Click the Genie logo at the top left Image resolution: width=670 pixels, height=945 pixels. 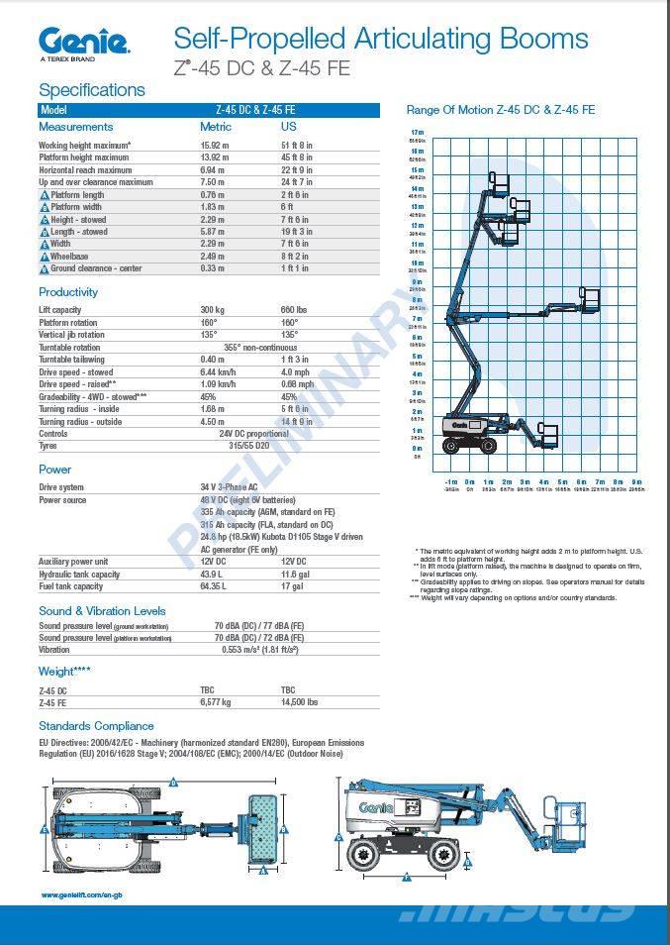pyautogui.click(x=83, y=42)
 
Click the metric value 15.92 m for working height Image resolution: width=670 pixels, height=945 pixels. pyautogui.click(x=214, y=145)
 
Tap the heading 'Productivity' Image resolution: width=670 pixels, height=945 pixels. pyautogui.click(x=68, y=292)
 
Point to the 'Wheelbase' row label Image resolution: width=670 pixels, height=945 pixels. pyautogui.click(x=69, y=257)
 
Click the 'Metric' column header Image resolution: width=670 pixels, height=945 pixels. pyautogui.click(x=216, y=127)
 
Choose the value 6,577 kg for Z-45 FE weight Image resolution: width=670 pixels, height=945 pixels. pyautogui.click(x=216, y=702)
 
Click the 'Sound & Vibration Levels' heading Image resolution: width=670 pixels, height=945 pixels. pyautogui.click(x=102, y=611)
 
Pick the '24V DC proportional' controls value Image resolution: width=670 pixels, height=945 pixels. pyautogui.click(x=254, y=434)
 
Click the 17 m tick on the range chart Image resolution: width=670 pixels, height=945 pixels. pyautogui.click(x=417, y=132)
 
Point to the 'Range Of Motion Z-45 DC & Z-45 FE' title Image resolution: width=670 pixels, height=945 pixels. pyautogui.click(x=501, y=110)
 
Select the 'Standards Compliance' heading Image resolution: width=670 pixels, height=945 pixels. pyautogui.click(x=96, y=726)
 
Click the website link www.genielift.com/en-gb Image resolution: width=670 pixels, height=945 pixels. pyautogui.click(x=82, y=895)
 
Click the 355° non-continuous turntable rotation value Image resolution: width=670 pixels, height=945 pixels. pyautogui.click(x=259, y=348)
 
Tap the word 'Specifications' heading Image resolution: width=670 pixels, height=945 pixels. pyautogui.click(x=91, y=90)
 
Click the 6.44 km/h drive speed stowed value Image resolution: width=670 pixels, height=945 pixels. pyautogui.click(x=218, y=371)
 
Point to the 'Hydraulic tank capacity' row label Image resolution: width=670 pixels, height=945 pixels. pyautogui.click(x=81, y=575)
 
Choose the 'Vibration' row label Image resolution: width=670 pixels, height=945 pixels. pyautogui.click(x=54, y=650)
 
